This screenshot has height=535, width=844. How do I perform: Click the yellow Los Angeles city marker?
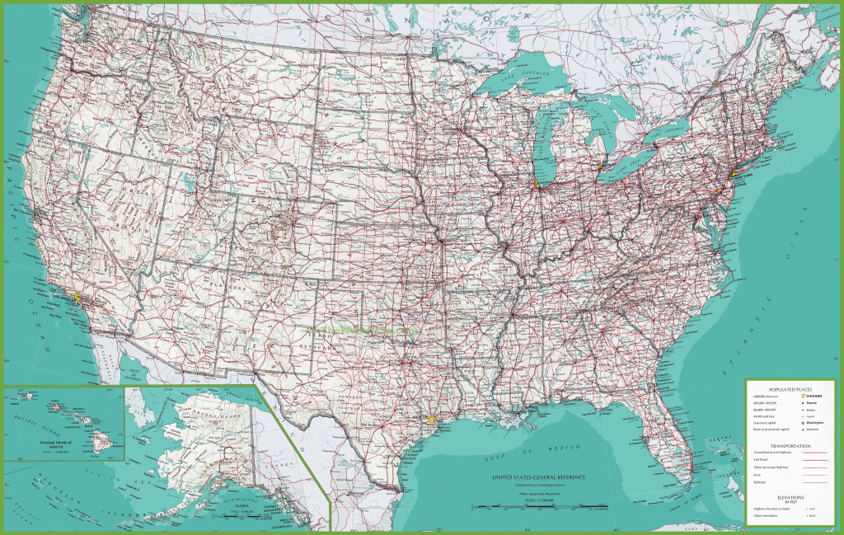(x=77, y=296)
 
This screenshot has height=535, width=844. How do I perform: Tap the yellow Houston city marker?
(x=430, y=420)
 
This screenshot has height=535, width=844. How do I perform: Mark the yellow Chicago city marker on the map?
(x=537, y=183)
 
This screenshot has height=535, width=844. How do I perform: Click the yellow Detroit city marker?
(x=600, y=166)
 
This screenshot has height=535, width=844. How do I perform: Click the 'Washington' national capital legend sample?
(x=816, y=423)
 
